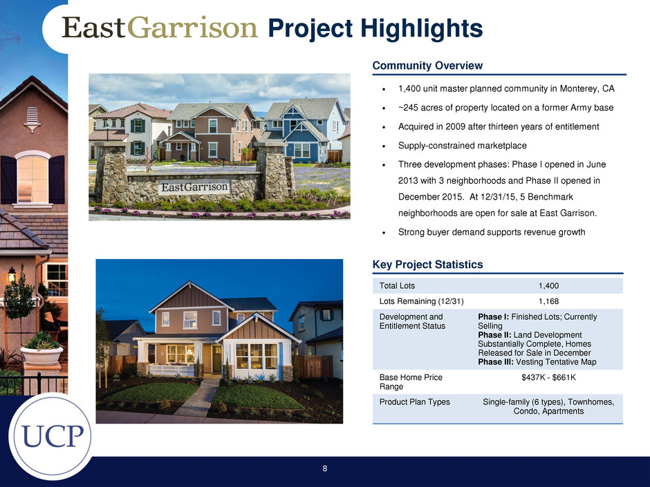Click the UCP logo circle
(x=51, y=436)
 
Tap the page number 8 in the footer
(x=325, y=468)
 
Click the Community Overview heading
(x=427, y=66)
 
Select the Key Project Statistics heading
(x=427, y=264)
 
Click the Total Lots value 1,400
(x=548, y=286)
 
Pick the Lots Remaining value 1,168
(x=548, y=301)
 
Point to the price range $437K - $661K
(x=548, y=377)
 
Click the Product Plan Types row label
(x=414, y=402)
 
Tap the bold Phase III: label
(x=495, y=362)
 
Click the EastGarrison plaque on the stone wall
(x=194, y=187)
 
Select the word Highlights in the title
(x=422, y=28)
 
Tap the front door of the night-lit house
(x=217, y=359)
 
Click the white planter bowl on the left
(x=41, y=354)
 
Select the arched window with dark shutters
(x=32, y=178)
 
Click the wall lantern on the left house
(x=12, y=274)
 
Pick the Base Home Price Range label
(x=411, y=382)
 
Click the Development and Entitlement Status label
(x=412, y=321)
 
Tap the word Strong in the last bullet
(x=411, y=232)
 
